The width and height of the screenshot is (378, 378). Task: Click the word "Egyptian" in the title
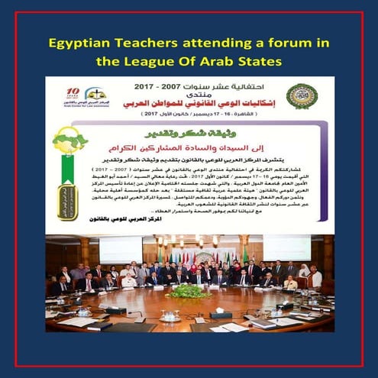click(x=80, y=40)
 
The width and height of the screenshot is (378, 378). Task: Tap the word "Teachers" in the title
click(x=150, y=40)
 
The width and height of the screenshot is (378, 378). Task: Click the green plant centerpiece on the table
click(x=188, y=291)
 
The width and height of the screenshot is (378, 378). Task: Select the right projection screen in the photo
click(x=283, y=249)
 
